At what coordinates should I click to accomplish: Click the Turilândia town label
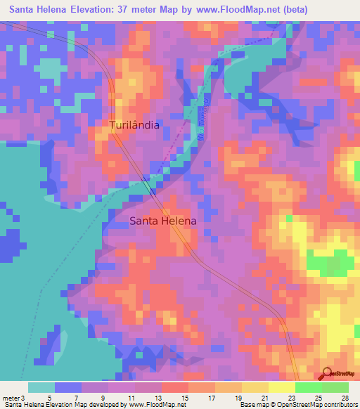(134, 125)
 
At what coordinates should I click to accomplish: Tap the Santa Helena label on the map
(163, 220)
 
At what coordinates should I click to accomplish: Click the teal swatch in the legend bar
(41, 387)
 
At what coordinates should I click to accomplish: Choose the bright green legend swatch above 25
(309, 387)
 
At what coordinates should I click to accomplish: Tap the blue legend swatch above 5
(67, 387)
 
